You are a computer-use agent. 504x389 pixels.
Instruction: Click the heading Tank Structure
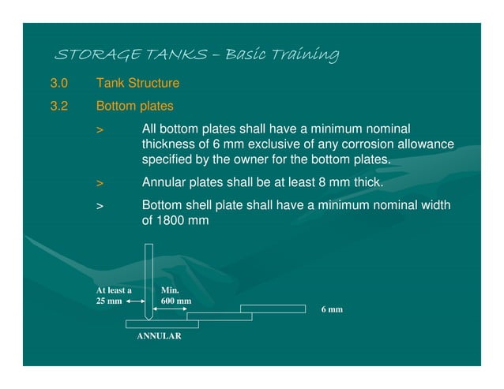137,83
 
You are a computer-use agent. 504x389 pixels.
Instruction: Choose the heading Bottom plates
134,105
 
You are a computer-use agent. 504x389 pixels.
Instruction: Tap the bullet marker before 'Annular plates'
100,183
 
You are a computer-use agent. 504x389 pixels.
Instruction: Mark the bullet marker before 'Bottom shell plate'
100,206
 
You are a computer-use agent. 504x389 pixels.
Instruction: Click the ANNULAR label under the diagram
159,336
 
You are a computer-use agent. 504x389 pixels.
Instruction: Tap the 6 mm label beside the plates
332,309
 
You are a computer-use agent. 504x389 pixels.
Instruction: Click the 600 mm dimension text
175,301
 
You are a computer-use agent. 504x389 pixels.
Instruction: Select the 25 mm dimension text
109,301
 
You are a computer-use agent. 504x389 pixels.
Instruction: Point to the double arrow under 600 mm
174,310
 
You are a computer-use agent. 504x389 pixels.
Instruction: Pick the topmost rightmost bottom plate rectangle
273,308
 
